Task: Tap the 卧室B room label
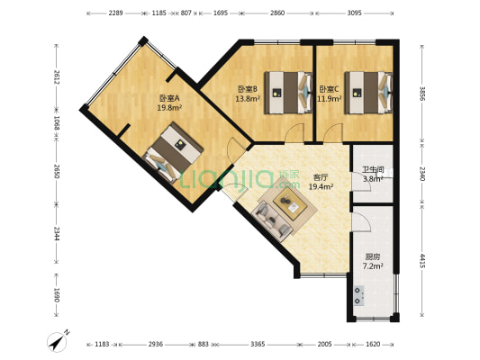pyautogui.click(x=248, y=89)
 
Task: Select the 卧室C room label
pyautogui.click(x=329, y=89)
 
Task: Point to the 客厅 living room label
pyautogui.click(x=320, y=177)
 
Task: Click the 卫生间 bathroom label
pyautogui.click(x=373, y=169)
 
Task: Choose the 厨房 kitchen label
pyautogui.click(x=372, y=256)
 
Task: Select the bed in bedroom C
pyautogui.click(x=367, y=91)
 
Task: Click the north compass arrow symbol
pyautogui.click(x=59, y=342)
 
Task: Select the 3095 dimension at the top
pyautogui.click(x=353, y=14)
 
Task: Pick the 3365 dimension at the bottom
pyautogui.click(x=257, y=345)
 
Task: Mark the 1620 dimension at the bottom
pyautogui.click(x=372, y=345)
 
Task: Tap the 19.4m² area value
pyautogui.click(x=321, y=187)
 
